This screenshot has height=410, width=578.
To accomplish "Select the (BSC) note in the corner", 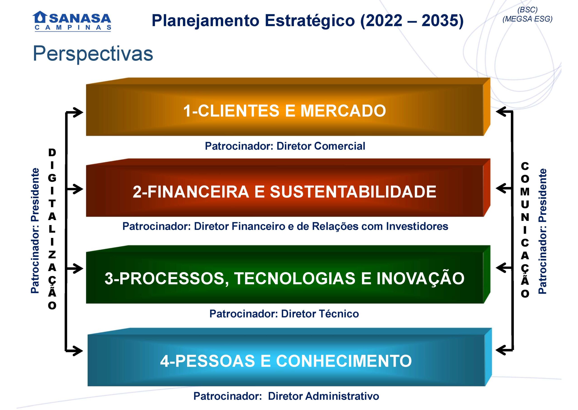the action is pos(527,9).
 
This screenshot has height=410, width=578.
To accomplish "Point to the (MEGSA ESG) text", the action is pos(527,19).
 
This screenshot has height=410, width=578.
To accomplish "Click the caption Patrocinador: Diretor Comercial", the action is pos(285,146).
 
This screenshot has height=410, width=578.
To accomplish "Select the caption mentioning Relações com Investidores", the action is pos(285,226).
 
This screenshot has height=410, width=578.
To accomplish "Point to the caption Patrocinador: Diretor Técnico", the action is pos(284,314).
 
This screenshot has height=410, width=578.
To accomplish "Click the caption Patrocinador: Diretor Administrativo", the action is pos(286,396).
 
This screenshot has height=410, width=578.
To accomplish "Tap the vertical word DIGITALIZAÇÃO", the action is pos(52,229).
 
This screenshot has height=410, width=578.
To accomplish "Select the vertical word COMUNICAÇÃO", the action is pos(525,230).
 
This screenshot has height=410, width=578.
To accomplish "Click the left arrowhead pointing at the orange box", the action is pos(77,112).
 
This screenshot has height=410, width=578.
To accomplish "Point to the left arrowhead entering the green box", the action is pos(77,268).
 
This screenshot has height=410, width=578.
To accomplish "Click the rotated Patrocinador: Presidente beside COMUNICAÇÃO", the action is pos(542,231).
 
